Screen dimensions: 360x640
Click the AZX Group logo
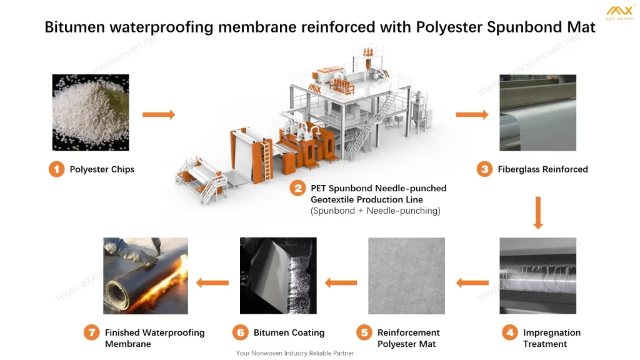click(619, 13)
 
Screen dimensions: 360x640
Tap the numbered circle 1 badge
click(57, 169)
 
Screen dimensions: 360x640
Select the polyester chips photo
click(90, 112)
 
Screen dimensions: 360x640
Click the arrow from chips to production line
click(159, 114)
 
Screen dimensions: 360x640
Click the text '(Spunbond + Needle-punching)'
click(375, 211)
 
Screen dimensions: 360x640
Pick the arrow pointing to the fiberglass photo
click(472, 114)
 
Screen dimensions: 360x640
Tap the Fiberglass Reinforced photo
click(537, 112)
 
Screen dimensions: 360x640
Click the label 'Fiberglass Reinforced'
click(542, 169)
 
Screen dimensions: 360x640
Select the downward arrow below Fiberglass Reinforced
click(537, 212)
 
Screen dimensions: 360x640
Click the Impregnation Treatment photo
click(537, 275)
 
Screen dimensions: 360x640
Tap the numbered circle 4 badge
click(510, 332)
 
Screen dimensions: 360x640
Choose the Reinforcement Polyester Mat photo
click(406, 275)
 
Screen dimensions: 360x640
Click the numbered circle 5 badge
click(364, 332)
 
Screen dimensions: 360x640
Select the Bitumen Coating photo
click(278, 275)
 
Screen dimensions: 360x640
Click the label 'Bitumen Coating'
click(289, 332)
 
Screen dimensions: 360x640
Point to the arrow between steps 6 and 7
click(212, 282)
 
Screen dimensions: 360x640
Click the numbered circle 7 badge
click(92, 332)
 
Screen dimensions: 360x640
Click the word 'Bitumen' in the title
click(71, 27)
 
